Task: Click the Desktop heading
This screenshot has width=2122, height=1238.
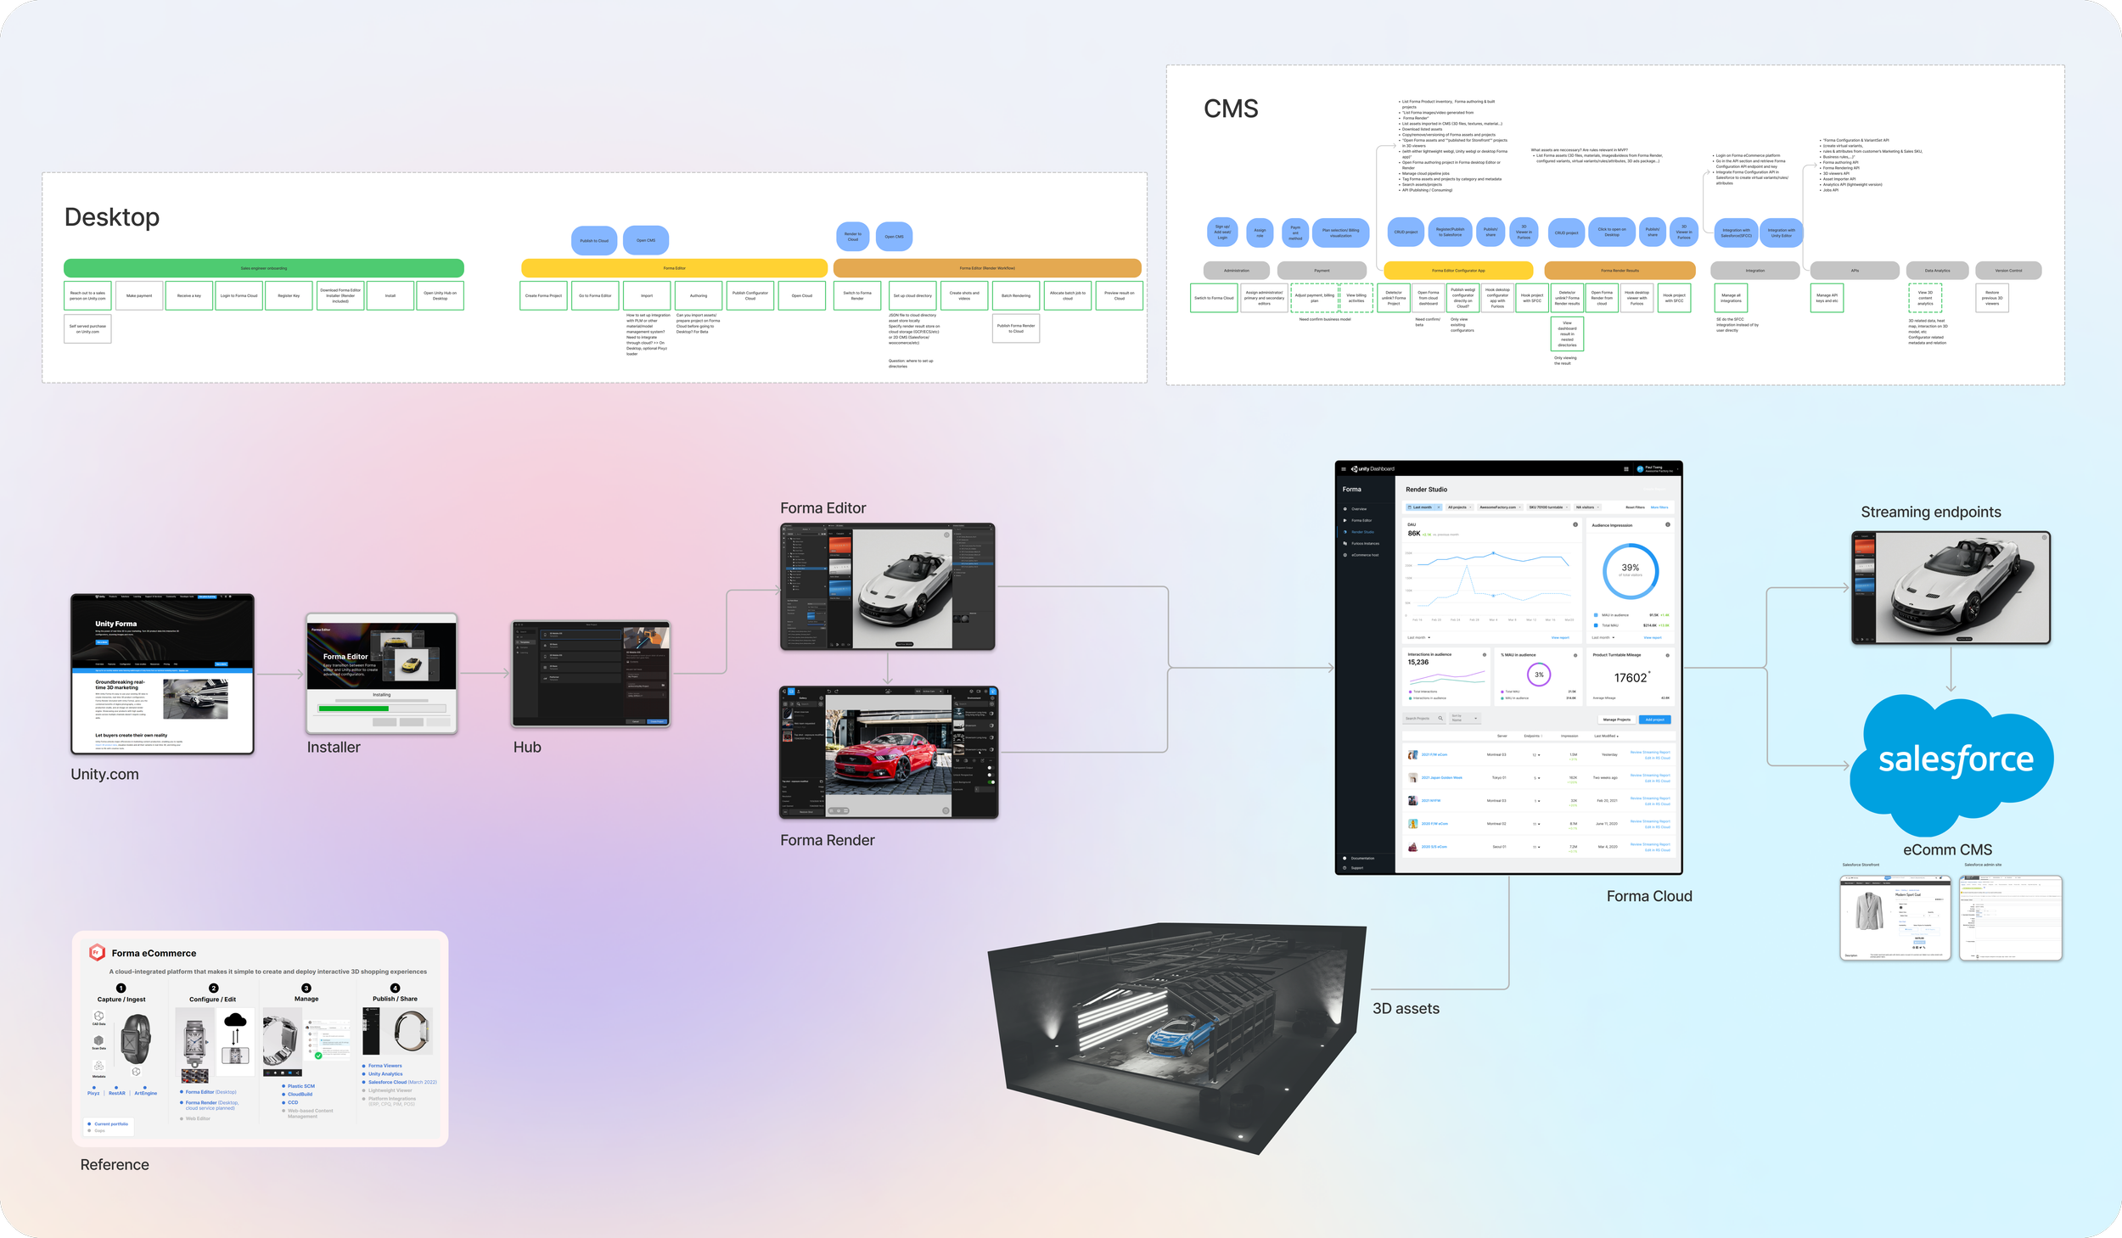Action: pyautogui.click(x=112, y=217)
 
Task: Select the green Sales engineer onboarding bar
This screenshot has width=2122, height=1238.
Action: pyautogui.click(x=263, y=268)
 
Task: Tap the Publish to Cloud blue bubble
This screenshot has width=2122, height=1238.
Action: pyautogui.click(x=594, y=241)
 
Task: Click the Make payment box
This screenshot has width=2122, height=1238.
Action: pyautogui.click(x=139, y=295)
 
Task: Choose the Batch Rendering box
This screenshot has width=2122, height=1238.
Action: pyautogui.click(x=1015, y=295)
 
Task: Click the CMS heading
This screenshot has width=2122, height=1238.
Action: pyautogui.click(x=1231, y=109)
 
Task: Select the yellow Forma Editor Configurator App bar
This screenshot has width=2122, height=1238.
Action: pyautogui.click(x=1458, y=271)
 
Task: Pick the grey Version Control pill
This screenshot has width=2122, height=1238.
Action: pyautogui.click(x=2008, y=271)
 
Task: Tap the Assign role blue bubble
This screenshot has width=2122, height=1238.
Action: pyautogui.click(x=1260, y=232)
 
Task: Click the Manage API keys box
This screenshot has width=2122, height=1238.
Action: pyautogui.click(x=1827, y=298)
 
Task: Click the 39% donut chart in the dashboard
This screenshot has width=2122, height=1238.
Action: pyautogui.click(x=1630, y=570)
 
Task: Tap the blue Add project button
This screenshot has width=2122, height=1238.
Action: pyautogui.click(x=1654, y=720)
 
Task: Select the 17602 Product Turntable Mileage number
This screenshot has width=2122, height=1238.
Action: pyautogui.click(x=1631, y=677)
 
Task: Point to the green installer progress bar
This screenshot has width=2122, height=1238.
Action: pyautogui.click(x=353, y=708)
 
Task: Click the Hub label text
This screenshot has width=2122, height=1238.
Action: pyautogui.click(x=527, y=748)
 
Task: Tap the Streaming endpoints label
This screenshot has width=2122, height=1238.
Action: pyautogui.click(x=1931, y=512)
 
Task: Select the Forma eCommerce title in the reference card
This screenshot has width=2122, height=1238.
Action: pyautogui.click(x=154, y=953)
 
